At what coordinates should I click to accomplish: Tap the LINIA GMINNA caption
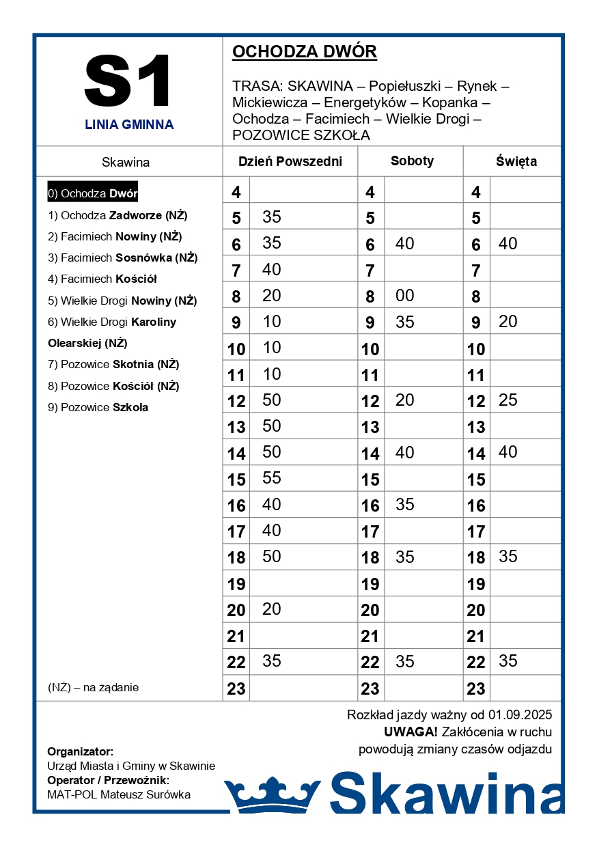pos(129,125)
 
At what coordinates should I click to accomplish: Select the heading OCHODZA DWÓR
pos(305,52)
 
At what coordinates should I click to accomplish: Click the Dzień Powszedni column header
pos(290,162)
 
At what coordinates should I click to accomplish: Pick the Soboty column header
pos(412,161)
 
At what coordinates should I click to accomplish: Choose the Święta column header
pos(516,162)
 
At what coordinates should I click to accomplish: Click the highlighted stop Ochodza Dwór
pos(93,193)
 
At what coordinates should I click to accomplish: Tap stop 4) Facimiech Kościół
pos(102,279)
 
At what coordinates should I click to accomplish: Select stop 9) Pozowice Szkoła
pos(98,407)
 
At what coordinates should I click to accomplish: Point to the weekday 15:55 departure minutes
pos(272,478)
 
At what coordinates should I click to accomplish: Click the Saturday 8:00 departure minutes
pos(404,296)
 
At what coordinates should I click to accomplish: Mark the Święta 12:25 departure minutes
pos(508,400)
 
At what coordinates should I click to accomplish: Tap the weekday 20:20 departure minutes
pos(272,609)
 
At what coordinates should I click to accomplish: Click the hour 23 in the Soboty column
pos(370,689)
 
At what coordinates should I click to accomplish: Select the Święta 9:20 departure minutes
pos(508,322)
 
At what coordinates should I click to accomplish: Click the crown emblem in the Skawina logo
pos(272,792)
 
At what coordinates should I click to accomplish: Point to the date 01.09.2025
pos(520,715)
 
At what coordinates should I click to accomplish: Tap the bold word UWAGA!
pos(411,732)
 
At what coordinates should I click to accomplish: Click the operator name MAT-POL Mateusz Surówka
pos(119,794)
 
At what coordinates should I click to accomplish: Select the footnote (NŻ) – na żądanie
pos(93,687)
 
